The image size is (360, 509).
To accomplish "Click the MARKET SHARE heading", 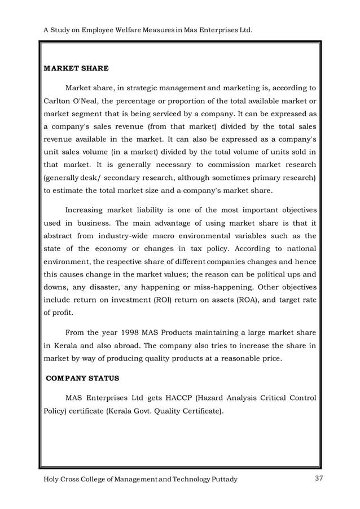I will [76, 68].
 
